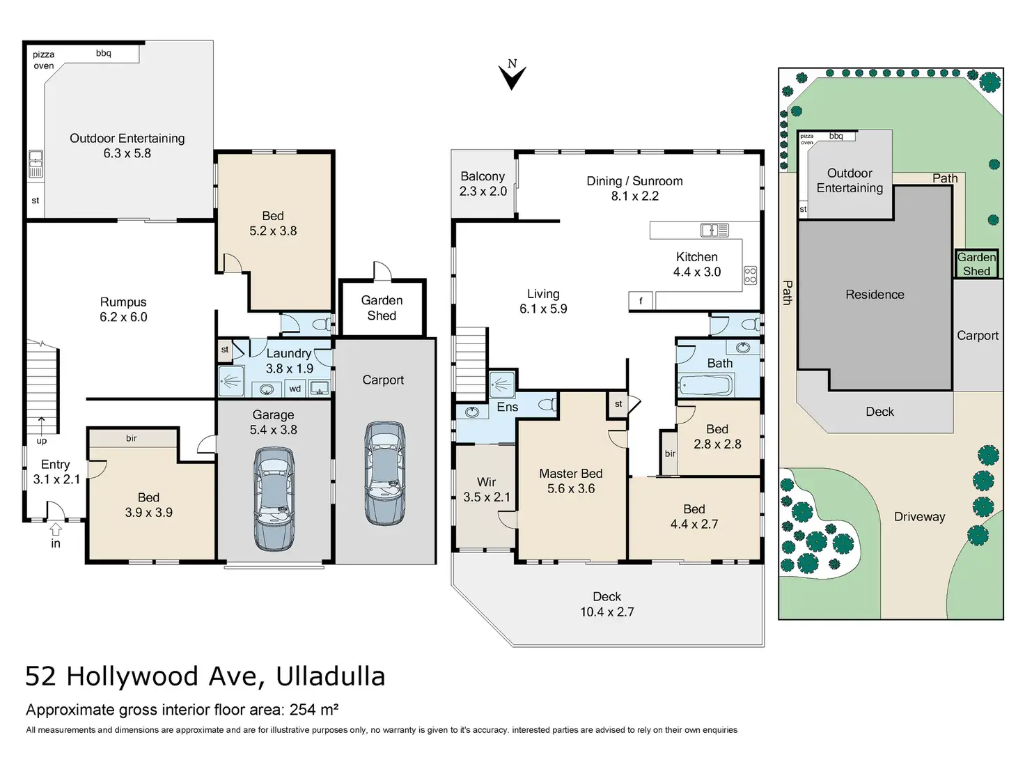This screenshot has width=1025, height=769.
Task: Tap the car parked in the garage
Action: pyautogui.click(x=274, y=499)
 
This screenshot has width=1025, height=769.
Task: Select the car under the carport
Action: pyautogui.click(x=385, y=474)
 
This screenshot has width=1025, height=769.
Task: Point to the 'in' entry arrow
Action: pyautogui.click(x=56, y=529)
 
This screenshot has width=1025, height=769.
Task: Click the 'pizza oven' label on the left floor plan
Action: pyautogui.click(x=43, y=60)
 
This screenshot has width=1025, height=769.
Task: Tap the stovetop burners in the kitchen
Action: pyautogui.click(x=750, y=275)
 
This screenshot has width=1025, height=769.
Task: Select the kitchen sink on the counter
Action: pyautogui.click(x=714, y=230)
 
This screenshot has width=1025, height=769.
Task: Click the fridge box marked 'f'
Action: pyautogui.click(x=641, y=301)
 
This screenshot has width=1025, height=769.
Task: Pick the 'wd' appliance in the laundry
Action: pyautogui.click(x=295, y=389)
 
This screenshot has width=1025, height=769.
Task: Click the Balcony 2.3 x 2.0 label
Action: pyautogui.click(x=483, y=183)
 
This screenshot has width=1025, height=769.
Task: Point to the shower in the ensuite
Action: pyautogui.click(x=502, y=384)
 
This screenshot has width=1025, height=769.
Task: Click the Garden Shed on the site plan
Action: pyautogui.click(x=976, y=264)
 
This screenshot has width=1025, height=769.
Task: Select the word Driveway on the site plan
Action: pyautogui.click(x=919, y=517)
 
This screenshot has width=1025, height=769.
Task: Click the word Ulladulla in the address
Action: pyautogui.click(x=331, y=676)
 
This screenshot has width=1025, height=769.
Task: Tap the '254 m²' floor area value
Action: pyautogui.click(x=314, y=710)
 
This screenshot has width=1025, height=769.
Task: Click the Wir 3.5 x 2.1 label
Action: pyautogui.click(x=487, y=489)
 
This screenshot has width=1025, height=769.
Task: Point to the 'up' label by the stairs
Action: pyautogui.click(x=42, y=441)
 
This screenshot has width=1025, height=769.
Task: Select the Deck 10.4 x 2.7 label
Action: pyautogui.click(x=607, y=604)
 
